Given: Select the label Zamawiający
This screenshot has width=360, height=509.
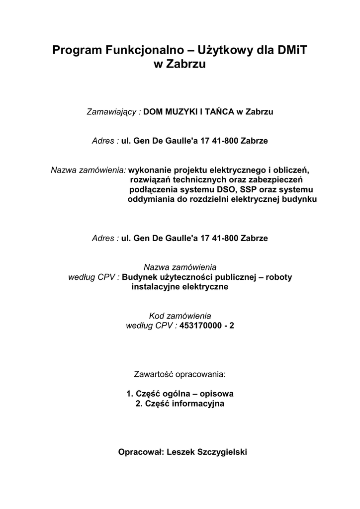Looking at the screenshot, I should click(113, 112).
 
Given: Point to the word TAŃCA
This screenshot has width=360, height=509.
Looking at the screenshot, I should click(218, 112).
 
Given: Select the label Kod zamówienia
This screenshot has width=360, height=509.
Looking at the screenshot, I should click(180, 316).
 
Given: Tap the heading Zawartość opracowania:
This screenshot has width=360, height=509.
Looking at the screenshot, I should click(180, 373).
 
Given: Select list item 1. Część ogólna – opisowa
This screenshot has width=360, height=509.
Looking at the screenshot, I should click(180, 394).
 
